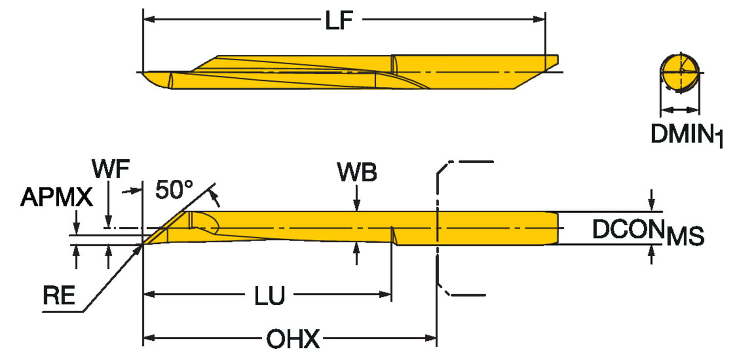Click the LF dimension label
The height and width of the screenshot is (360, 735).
pos(340,22)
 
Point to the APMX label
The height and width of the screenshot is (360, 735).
pos(56,198)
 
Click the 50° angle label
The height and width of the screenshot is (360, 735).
pos(174,190)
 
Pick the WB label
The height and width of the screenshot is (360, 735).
pos(357,172)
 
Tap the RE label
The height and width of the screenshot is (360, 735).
pos(59,296)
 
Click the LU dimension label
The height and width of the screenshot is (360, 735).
pos(269,295)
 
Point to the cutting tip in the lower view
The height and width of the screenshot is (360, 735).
pos(144,244)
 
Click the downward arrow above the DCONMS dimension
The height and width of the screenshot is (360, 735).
pos(651,206)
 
